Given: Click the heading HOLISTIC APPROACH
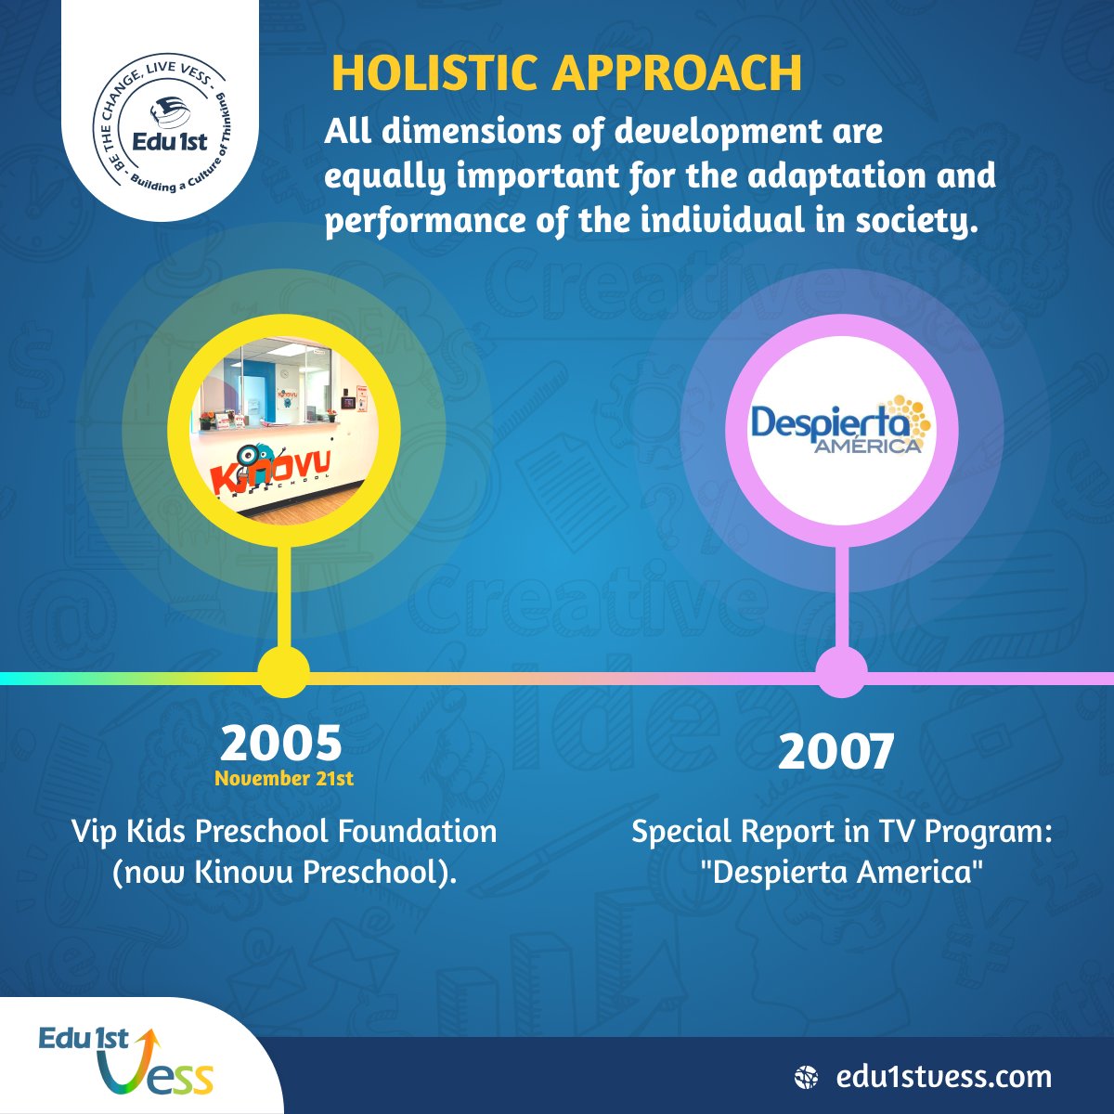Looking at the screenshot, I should (x=566, y=74).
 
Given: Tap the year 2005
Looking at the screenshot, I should (x=281, y=743).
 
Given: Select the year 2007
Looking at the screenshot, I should (x=835, y=752).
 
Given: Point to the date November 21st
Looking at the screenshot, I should (x=284, y=779).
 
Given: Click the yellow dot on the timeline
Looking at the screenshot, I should (x=282, y=672).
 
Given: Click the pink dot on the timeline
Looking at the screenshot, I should (x=841, y=672).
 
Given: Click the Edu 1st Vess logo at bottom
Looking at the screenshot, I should (x=125, y=1061).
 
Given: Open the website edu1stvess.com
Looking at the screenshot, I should (x=943, y=1078).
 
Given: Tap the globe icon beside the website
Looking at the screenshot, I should (x=807, y=1078).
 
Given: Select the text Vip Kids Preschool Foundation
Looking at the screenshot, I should (x=284, y=831).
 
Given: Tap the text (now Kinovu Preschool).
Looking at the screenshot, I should (x=284, y=874).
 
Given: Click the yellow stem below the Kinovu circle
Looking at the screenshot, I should (x=284, y=594).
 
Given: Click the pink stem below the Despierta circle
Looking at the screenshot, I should (x=842, y=594).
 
